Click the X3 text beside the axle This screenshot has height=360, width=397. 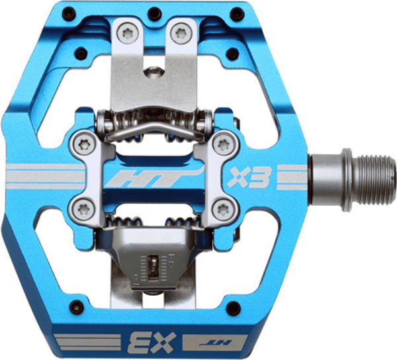tap(249, 177)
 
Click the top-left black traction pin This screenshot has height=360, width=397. tap(69, 13)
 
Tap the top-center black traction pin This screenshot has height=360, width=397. tap(155, 14)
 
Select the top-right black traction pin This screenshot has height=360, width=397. tap(238, 14)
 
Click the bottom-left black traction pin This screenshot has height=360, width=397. tap(77, 307)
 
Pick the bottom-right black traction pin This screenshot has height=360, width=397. tap(233, 308)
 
